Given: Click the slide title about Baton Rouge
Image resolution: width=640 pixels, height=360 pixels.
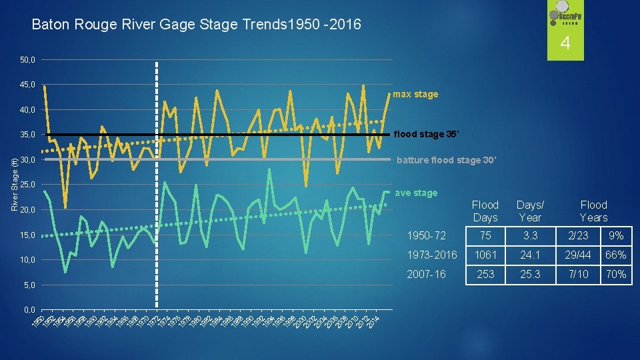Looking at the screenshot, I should pyautogui.click(x=197, y=25).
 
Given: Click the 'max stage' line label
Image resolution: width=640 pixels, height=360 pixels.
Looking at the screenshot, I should pyautogui.click(x=415, y=94).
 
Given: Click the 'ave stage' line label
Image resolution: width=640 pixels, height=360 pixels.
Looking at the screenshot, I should pyautogui.click(x=417, y=193).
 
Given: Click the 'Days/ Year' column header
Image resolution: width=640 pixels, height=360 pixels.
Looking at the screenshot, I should pyautogui.click(x=530, y=211).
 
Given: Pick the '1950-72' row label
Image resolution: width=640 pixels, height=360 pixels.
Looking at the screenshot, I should pyautogui.click(x=427, y=236).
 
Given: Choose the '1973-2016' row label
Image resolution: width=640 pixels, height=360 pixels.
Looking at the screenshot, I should pyautogui.click(x=432, y=255).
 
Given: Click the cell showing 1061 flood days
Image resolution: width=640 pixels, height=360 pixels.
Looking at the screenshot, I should pyautogui.click(x=485, y=255).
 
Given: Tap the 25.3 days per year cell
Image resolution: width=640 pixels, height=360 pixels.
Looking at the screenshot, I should pyautogui.click(x=530, y=274).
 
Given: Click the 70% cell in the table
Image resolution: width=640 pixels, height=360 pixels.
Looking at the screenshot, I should pyautogui.click(x=617, y=274).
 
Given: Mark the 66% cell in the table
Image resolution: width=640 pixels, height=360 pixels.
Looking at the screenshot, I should pyautogui.click(x=617, y=255).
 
